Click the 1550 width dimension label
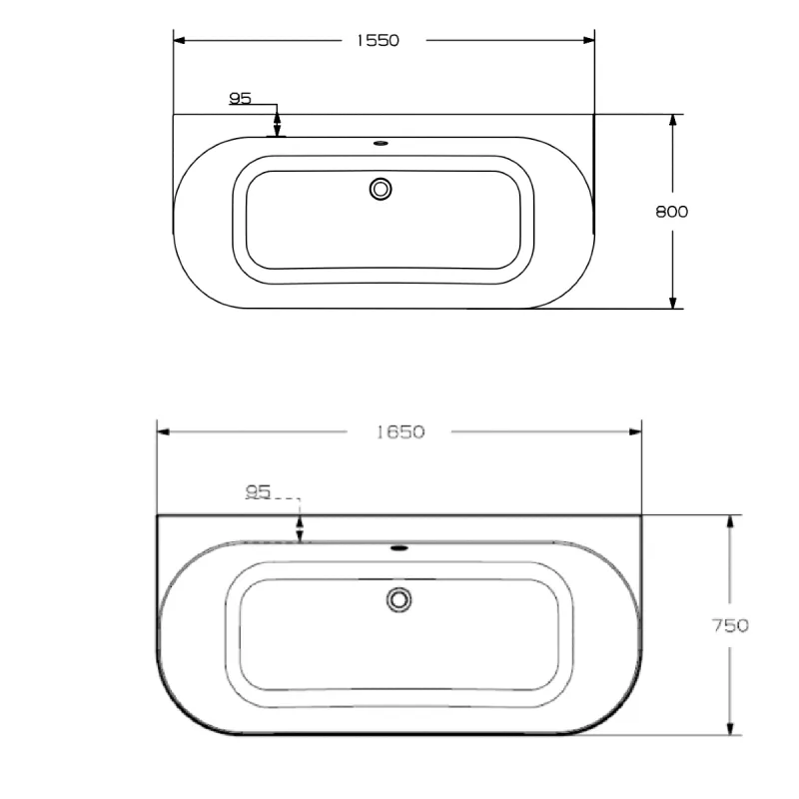[x=377, y=40]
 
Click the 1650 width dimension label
[x=400, y=431]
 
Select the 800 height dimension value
[x=672, y=211]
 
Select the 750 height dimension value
[x=731, y=626]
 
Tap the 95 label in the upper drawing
[x=240, y=98]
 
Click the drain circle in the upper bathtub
[x=381, y=188]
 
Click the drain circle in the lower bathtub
[x=399, y=599]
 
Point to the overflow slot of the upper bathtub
[x=380, y=142]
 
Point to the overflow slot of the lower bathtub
[x=399, y=547]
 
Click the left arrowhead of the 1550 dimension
[x=181, y=40]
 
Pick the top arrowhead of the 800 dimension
[x=673, y=121]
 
